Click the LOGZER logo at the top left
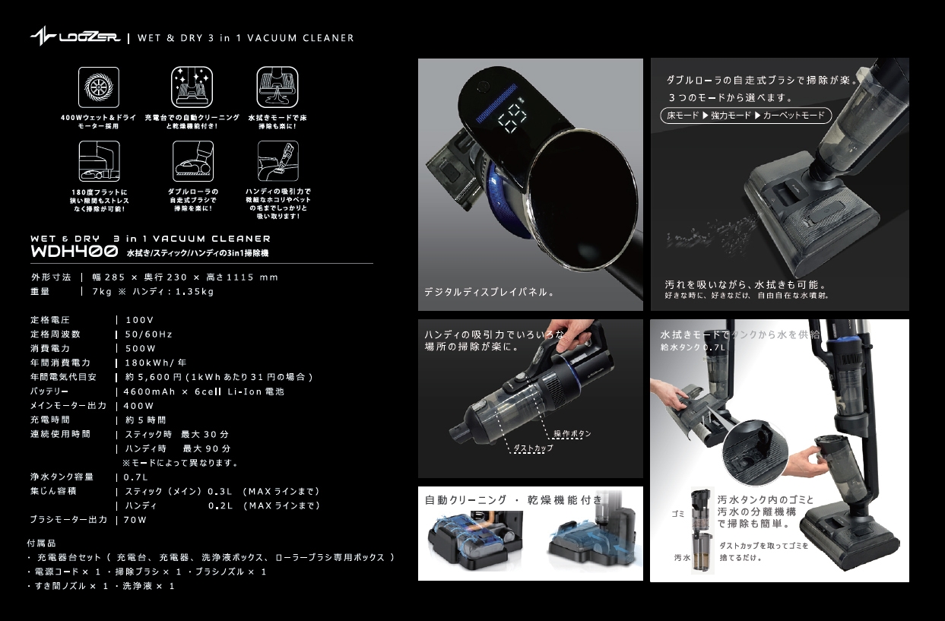(75, 37)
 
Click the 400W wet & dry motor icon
(99, 87)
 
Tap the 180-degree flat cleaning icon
(99, 160)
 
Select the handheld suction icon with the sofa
(277, 160)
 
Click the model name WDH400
(74, 252)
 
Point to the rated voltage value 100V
(140, 320)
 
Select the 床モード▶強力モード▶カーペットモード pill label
(745, 116)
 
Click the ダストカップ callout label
(533, 448)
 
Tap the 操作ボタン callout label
(572, 433)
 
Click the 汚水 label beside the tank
(682, 557)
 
